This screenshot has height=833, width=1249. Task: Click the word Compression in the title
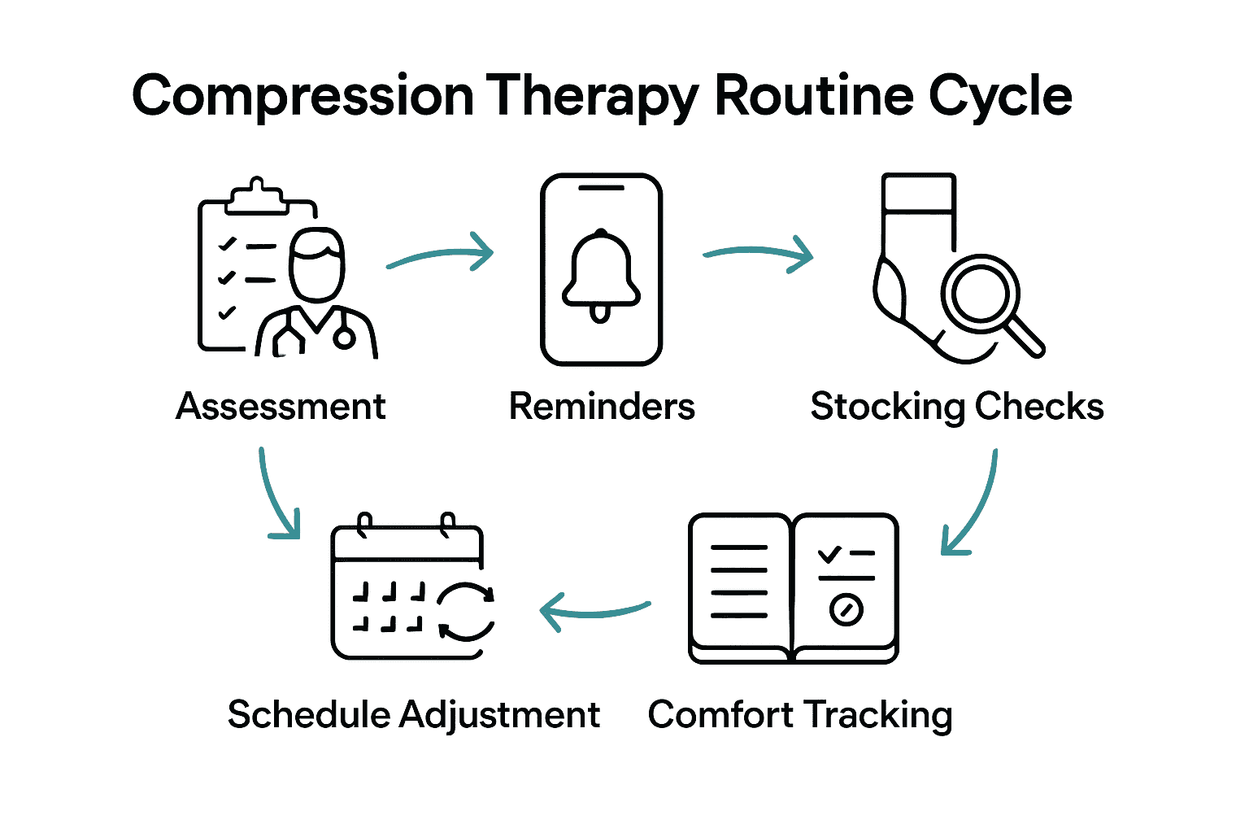tap(302, 97)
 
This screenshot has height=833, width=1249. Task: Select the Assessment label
tap(281, 406)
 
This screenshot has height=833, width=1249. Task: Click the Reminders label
tap(602, 406)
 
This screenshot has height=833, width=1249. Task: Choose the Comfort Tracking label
tap(800, 715)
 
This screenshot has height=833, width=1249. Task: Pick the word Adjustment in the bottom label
tap(499, 715)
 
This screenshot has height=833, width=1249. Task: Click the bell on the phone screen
tap(601, 274)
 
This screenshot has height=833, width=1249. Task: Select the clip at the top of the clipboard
tap(257, 196)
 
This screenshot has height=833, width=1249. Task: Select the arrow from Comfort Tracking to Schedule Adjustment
tap(594, 611)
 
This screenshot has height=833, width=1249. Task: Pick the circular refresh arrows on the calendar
tap(466, 612)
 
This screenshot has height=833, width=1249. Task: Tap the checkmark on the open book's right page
tap(829, 555)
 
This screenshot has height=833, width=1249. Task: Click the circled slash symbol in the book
tap(846, 608)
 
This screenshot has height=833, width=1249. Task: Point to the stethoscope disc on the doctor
tap(344, 338)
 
